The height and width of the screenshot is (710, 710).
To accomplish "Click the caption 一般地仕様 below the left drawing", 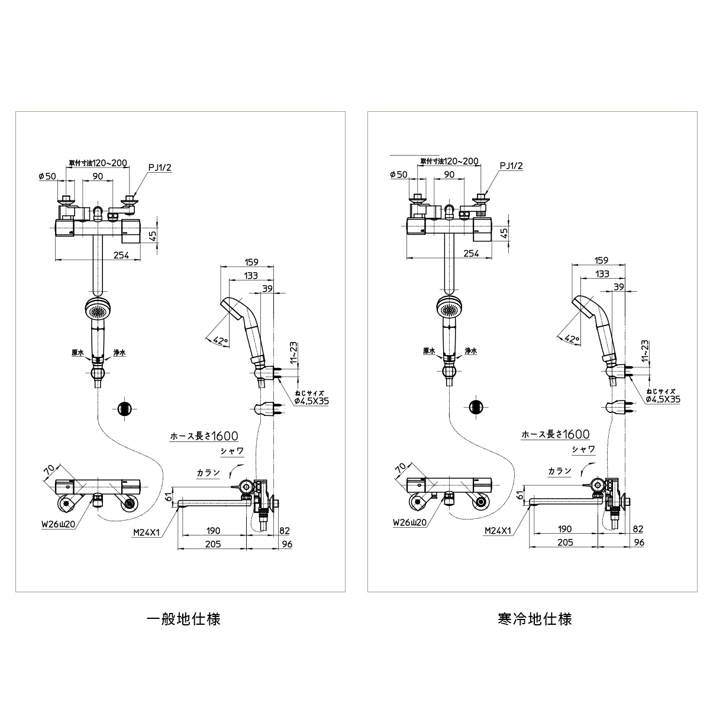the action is (x=183, y=619).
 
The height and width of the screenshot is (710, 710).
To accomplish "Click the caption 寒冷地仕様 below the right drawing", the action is (x=535, y=619).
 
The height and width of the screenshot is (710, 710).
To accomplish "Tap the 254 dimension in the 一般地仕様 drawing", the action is (x=121, y=254).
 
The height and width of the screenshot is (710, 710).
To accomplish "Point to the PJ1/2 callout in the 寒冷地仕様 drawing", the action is (x=511, y=166).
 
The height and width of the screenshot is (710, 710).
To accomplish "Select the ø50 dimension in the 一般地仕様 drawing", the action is (x=47, y=176).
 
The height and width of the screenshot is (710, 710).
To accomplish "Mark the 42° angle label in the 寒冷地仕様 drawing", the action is (x=572, y=338).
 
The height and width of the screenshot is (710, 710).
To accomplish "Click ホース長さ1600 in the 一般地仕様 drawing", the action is (x=204, y=436).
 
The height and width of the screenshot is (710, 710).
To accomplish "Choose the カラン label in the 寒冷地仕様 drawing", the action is (x=560, y=470).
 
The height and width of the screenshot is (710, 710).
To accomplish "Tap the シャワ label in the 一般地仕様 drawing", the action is (x=232, y=451).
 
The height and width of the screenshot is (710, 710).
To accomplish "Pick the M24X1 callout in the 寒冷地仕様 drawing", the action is (x=498, y=531).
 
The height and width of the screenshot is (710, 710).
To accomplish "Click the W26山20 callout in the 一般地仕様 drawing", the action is (x=59, y=524).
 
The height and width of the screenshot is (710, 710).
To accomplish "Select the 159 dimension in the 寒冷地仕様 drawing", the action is (x=601, y=260).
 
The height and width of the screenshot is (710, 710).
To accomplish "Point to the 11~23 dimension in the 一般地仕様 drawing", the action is (x=293, y=353).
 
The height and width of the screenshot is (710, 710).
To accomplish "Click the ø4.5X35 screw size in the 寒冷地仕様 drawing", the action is (x=663, y=399).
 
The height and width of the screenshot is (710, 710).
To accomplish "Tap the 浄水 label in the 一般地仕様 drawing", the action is (x=120, y=353).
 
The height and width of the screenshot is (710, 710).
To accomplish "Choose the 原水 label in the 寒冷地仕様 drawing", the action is (x=429, y=351).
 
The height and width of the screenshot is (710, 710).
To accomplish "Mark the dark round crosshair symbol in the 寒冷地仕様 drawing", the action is (x=476, y=406).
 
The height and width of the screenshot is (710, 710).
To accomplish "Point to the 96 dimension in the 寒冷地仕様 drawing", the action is (x=639, y=543).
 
